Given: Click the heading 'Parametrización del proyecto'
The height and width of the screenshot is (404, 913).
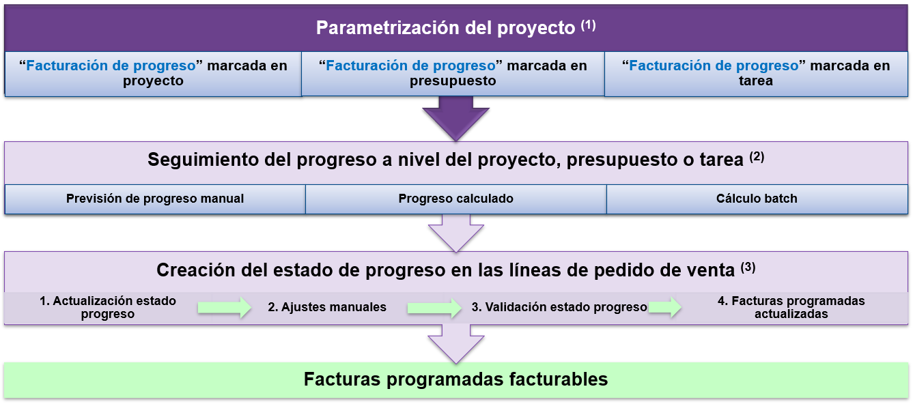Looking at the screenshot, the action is click(x=445, y=28).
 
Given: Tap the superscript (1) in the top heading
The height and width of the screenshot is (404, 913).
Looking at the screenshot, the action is click(x=588, y=25).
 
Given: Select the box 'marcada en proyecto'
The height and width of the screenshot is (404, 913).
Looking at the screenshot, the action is click(x=153, y=74).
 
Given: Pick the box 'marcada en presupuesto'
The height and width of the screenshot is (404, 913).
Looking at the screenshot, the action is click(x=453, y=74).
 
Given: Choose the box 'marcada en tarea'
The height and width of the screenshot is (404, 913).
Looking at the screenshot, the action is click(x=756, y=74).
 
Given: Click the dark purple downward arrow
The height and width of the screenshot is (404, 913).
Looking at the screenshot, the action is click(x=455, y=119).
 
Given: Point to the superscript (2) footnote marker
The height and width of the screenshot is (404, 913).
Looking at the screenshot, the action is click(x=757, y=157).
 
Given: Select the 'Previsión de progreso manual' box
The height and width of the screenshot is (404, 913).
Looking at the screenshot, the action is click(x=155, y=199).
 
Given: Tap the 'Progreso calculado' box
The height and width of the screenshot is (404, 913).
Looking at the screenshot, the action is click(x=455, y=199).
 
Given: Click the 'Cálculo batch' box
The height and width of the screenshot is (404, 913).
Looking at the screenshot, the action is click(x=757, y=199).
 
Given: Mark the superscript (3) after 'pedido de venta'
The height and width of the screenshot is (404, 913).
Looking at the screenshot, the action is click(x=748, y=268).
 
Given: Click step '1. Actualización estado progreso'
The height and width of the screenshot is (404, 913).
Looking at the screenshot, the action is click(x=108, y=307).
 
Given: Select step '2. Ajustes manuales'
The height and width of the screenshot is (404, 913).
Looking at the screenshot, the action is click(x=327, y=307).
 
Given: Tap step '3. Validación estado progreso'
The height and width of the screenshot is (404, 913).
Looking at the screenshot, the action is click(x=559, y=307).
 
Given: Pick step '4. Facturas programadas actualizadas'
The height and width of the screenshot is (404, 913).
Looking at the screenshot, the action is click(x=791, y=307).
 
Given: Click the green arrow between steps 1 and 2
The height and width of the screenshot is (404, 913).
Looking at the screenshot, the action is click(x=225, y=308).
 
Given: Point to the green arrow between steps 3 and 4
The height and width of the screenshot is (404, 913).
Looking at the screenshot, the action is click(x=665, y=307).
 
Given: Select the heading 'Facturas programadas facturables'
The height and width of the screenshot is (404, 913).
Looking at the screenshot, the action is click(x=455, y=379).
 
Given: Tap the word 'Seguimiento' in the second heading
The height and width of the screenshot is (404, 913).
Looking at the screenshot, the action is click(x=203, y=160).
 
